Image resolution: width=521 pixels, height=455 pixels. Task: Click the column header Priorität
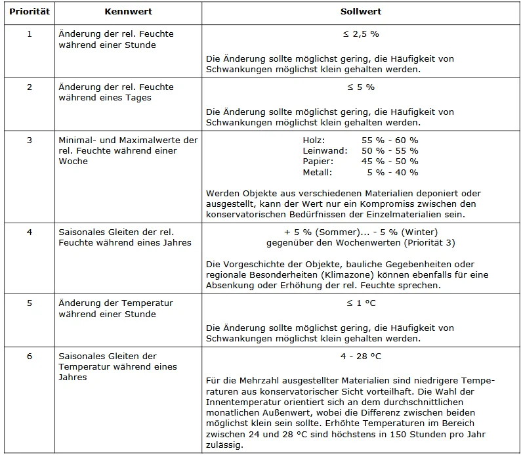coord(28,12)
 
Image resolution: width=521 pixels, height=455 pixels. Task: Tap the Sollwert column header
coord(361,12)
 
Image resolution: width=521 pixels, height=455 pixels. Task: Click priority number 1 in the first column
coord(29,33)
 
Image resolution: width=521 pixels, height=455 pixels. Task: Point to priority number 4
coord(29,232)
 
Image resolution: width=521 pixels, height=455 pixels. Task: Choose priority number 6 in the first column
coord(29,357)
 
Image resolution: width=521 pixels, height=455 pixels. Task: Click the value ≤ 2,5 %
coord(361,33)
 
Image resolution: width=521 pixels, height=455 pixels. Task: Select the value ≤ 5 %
coord(361,87)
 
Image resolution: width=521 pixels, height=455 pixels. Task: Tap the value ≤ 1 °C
coord(361,303)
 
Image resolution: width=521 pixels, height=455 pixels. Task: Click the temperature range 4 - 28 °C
coord(361,357)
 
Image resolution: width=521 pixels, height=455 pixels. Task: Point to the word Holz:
coord(314,141)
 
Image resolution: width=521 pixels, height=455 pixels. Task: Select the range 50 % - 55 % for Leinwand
coord(390,151)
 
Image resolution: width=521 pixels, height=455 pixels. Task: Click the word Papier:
coord(318,162)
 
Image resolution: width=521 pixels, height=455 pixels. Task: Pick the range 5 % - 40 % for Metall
coord(392,172)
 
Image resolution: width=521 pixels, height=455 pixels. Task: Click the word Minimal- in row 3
coord(77,141)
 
